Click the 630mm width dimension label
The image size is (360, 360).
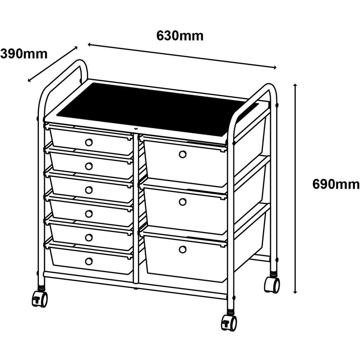[x=180, y=36]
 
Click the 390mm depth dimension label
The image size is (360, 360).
[x=24, y=54]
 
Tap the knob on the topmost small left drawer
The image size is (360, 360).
[x=89, y=142]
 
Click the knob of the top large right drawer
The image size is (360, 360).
[x=183, y=154]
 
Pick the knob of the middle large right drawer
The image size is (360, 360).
[x=183, y=202]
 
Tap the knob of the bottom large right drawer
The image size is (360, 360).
[x=183, y=249]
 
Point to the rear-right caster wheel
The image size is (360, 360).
[x=272, y=285]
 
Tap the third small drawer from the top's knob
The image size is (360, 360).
[x=89, y=190]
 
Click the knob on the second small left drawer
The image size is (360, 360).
[x=89, y=166]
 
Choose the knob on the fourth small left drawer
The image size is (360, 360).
[x=89, y=213]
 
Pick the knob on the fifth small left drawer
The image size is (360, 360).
[x=89, y=237]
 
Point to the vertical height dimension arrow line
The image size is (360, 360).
[x=295, y=187]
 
